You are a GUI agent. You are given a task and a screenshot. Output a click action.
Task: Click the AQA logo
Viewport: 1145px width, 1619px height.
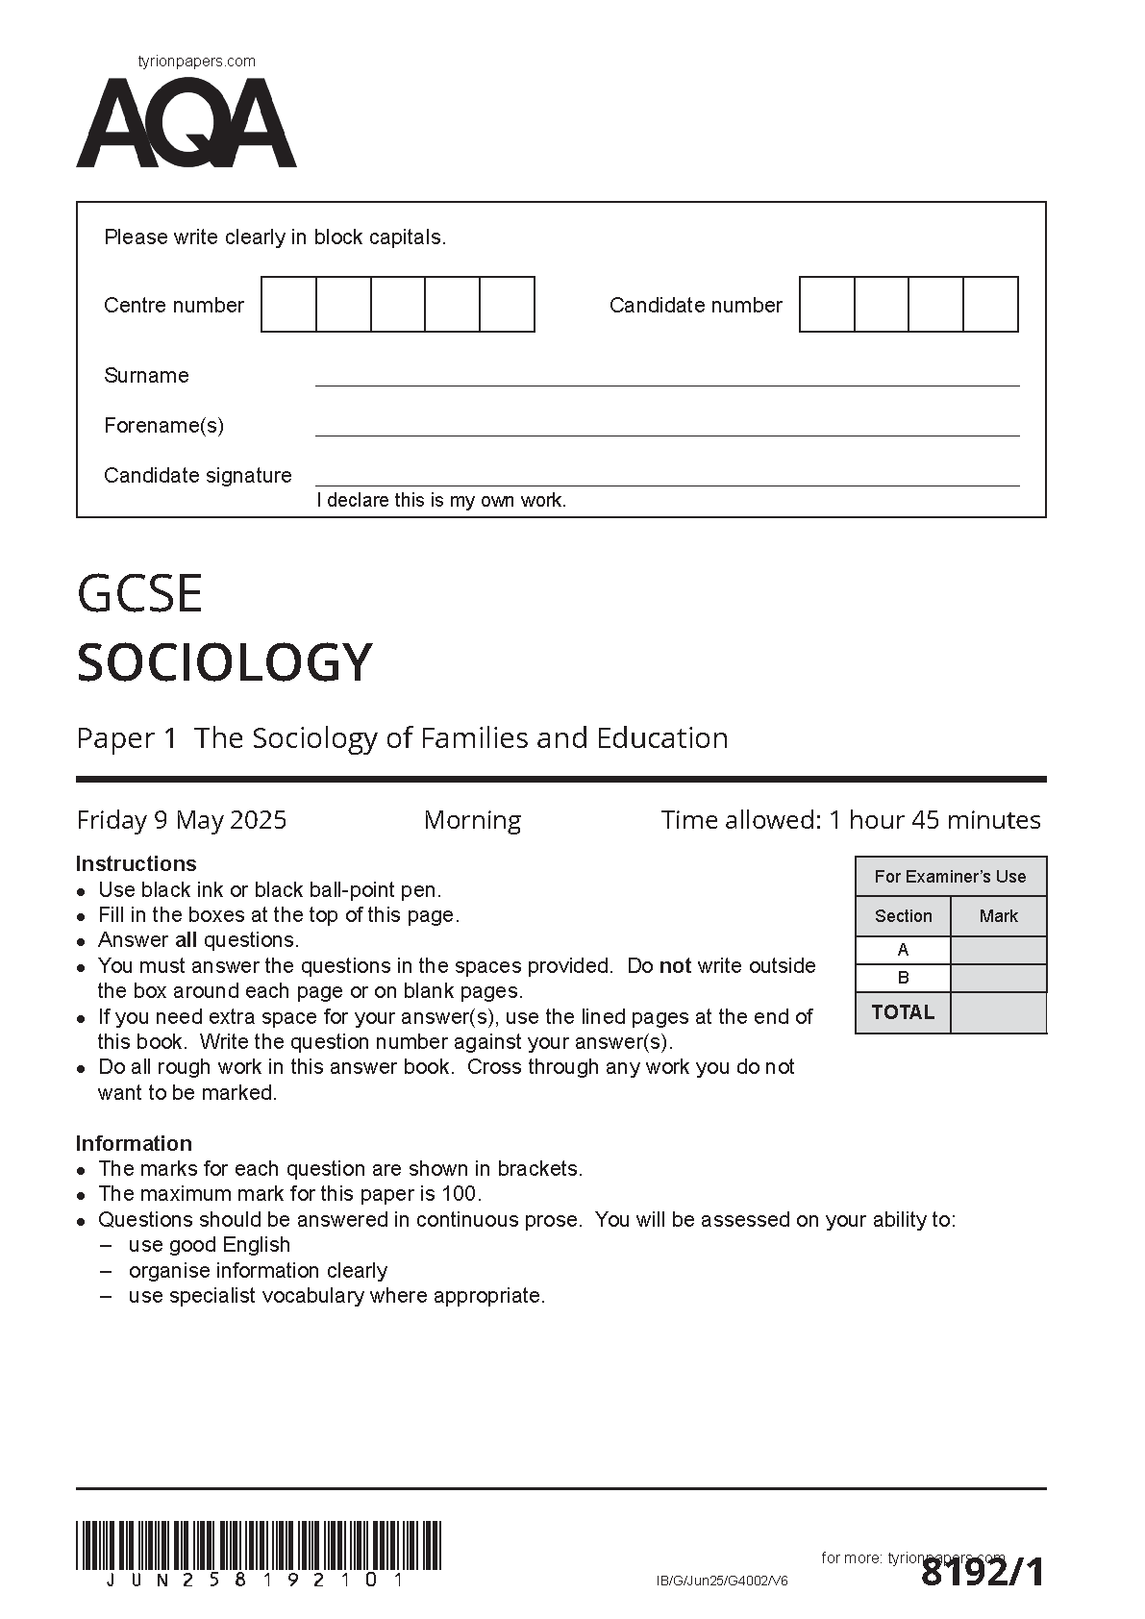[187, 124]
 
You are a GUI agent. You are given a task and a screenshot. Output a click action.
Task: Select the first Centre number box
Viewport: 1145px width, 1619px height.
[288, 305]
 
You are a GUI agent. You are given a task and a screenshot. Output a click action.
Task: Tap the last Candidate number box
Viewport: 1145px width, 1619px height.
[991, 305]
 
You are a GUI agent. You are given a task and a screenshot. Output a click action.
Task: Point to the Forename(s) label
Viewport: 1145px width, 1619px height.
[163, 425]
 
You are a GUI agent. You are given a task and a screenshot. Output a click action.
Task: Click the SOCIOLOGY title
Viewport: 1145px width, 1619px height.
[224, 662]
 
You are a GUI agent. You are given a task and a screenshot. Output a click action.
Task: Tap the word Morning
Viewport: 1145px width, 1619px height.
[472, 820]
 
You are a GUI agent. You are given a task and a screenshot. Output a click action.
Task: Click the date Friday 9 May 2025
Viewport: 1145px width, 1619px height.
[182, 820]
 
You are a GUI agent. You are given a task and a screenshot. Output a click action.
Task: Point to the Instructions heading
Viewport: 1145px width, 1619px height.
[136, 863]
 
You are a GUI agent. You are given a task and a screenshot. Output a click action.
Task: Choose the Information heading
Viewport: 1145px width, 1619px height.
[134, 1143]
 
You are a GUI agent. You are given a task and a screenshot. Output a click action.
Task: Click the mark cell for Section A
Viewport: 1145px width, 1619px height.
[998, 950]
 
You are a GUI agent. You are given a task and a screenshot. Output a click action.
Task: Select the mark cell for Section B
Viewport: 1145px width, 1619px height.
[998, 979]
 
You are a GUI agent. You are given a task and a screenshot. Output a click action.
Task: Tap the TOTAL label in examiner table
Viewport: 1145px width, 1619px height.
[903, 1012]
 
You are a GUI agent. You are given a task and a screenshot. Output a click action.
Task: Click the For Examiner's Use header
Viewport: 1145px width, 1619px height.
[950, 877]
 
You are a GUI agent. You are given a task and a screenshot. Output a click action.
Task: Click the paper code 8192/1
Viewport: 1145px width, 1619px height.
[982, 1574]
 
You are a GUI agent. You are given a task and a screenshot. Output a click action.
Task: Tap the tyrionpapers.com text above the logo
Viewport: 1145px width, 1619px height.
[197, 62]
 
